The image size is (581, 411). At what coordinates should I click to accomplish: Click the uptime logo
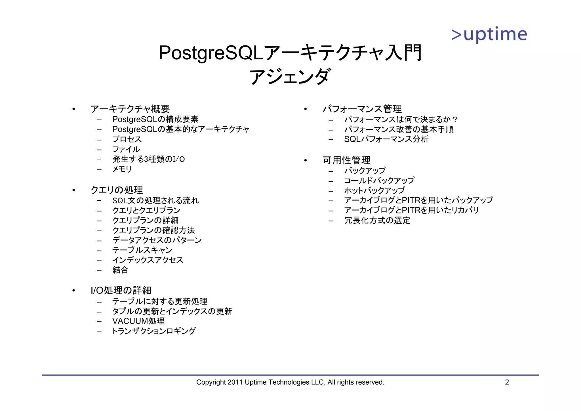pyautogui.click(x=489, y=35)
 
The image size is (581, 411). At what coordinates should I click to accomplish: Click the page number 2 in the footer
pyautogui.click(x=507, y=382)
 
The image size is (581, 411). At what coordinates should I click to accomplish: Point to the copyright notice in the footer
pyautogui.click(x=290, y=382)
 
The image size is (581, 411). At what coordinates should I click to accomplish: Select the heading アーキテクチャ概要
pyautogui.click(x=130, y=109)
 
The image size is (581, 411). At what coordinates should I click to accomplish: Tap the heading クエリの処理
pyautogui.click(x=117, y=190)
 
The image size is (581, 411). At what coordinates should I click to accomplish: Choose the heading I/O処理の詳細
pyautogui.click(x=121, y=290)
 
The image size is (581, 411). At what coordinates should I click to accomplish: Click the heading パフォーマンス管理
pyautogui.click(x=362, y=109)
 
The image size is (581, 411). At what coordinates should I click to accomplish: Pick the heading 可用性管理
pyautogui.click(x=347, y=160)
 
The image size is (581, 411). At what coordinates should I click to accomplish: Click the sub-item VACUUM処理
pyautogui.click(x=138, y=321)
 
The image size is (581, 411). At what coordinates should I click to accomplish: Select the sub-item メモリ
pyautogui.click(x=122, y=169)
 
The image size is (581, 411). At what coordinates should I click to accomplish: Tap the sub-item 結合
pyautogui.click(x=120, y=270)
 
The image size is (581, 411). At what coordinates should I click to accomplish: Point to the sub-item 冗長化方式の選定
pyautogui.click(x=377, y=220)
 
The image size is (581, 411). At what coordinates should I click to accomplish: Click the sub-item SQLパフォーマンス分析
pyautogui.click(x=386, y=139)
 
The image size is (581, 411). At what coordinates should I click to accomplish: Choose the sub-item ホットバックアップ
pyautogui.click(x=374, y=190)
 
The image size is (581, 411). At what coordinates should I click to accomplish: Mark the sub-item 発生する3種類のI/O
pyautogui.click(x=148, y=159)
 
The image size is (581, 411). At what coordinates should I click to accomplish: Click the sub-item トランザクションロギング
pyautogui.click(x=154, y=331)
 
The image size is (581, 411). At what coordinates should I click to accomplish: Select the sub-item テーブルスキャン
pyautogui.click(x=142, y=250)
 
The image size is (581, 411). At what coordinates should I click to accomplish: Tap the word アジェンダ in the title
pyautogui.click(x=290, y=77)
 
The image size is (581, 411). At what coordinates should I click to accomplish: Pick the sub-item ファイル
pyautogui.click(x=126, y=149)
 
